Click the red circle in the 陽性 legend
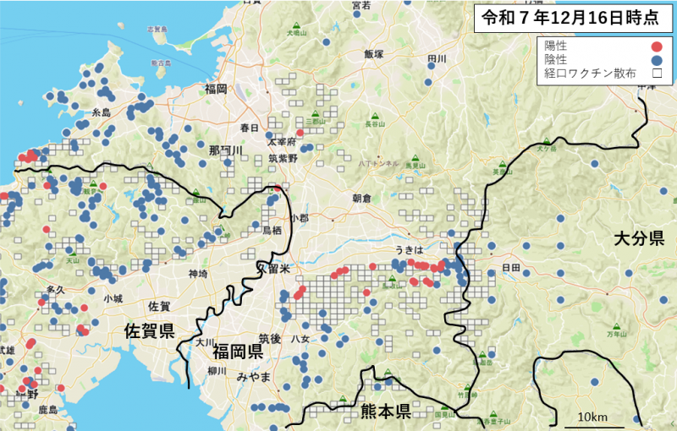click(655, 47)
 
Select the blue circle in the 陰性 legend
click(655, 61)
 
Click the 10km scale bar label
click(592, 417)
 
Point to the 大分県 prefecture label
click(639, 240)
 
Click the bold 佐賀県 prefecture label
click(148, 329)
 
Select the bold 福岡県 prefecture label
click(238, 351)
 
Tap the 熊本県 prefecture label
click(386, 412)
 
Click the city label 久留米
click(273, 268)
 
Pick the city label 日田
click(511, 268)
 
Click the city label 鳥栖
click(272, 230)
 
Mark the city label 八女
click(300, 339)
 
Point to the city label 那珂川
click(225, 150)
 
